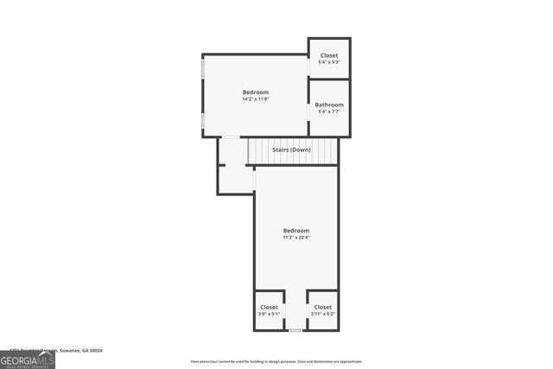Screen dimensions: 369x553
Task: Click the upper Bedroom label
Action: (255, 92)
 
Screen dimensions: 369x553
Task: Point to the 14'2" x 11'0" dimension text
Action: (256, 99)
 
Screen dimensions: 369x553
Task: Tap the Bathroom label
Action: (329, 105)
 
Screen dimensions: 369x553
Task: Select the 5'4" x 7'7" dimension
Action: (329, 111)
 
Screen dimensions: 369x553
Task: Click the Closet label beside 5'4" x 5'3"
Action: (329, 55)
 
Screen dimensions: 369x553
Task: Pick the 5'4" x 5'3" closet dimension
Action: (329, 62)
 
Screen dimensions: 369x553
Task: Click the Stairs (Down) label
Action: (291, 150)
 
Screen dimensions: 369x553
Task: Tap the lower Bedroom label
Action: (296, 230)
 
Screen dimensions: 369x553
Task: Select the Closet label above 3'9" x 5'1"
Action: (269, 307)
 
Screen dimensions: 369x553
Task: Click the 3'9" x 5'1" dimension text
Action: (269, 314)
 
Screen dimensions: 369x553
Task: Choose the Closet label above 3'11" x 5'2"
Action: (322, 307)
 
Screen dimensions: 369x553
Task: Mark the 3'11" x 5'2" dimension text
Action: (322, 314)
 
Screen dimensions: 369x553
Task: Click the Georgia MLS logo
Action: (28, 359)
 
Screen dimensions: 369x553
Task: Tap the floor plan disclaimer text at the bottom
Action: (276, 361)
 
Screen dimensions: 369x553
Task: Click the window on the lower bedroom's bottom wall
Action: (296, 330)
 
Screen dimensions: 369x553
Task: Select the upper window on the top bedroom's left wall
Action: (203, 69)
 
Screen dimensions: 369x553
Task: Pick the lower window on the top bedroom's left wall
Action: (203, 121)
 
